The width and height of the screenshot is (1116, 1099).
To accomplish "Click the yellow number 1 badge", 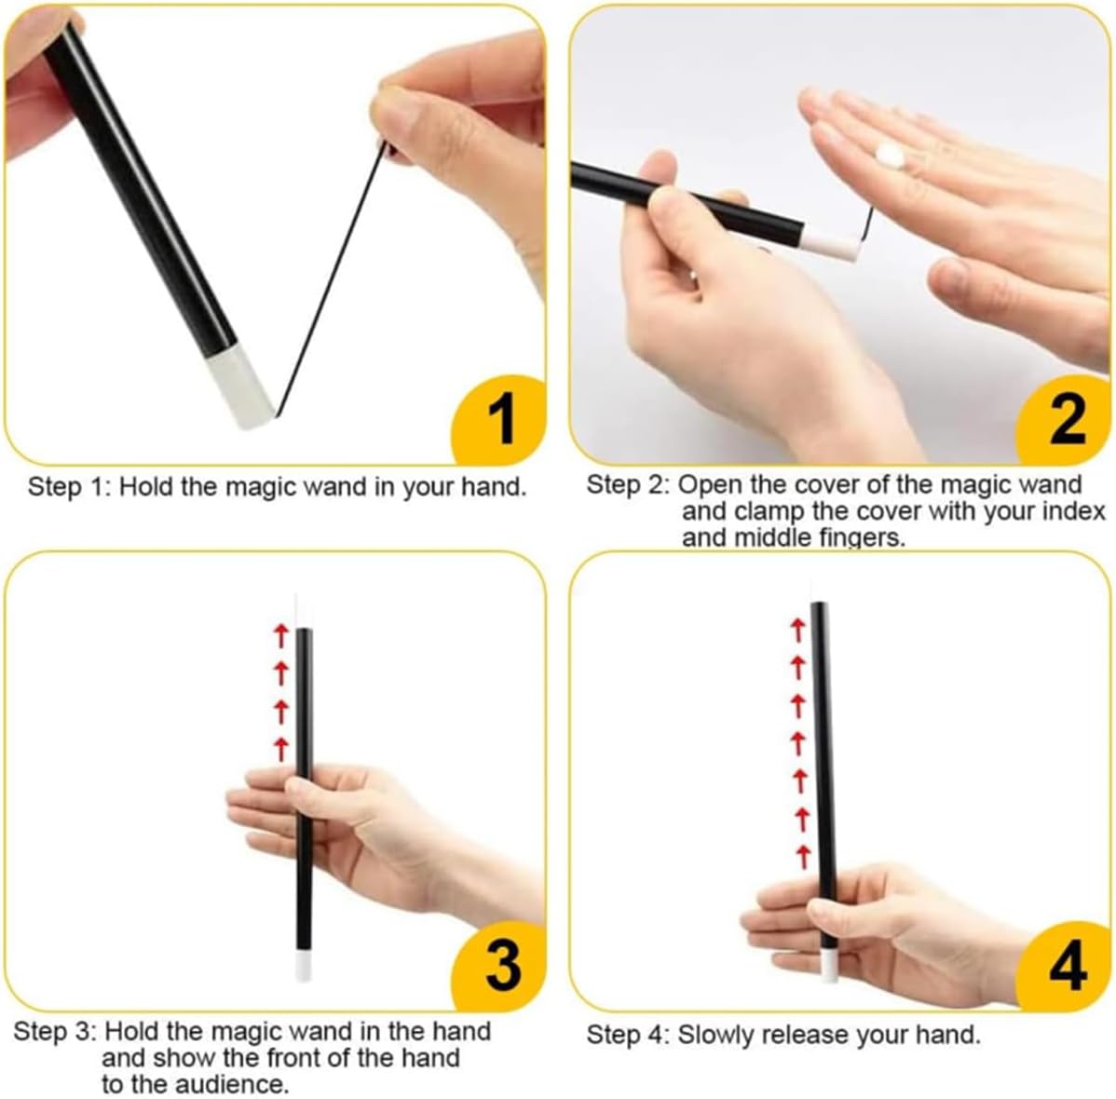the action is coord(501,420).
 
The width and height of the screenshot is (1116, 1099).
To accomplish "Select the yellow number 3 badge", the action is coord(501,965).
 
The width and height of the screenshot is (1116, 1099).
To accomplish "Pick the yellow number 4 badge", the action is coord(1065,965).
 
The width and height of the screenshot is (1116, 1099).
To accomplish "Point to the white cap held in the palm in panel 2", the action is coord(889,156).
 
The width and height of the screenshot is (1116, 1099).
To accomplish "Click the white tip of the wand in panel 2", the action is coord(831,246).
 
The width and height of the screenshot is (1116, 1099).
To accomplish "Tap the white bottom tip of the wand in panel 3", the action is coord(304,968).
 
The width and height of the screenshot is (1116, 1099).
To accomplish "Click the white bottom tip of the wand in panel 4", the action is coord(828,967).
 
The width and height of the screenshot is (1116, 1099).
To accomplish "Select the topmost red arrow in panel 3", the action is coord(281,635).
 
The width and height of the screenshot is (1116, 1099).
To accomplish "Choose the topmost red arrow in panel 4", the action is coord(797,630).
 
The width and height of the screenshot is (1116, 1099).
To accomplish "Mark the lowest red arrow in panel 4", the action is coord(804,856).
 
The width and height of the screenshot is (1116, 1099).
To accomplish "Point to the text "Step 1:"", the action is coord(70,487).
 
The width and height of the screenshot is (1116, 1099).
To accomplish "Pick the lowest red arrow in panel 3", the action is coord(281,749).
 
